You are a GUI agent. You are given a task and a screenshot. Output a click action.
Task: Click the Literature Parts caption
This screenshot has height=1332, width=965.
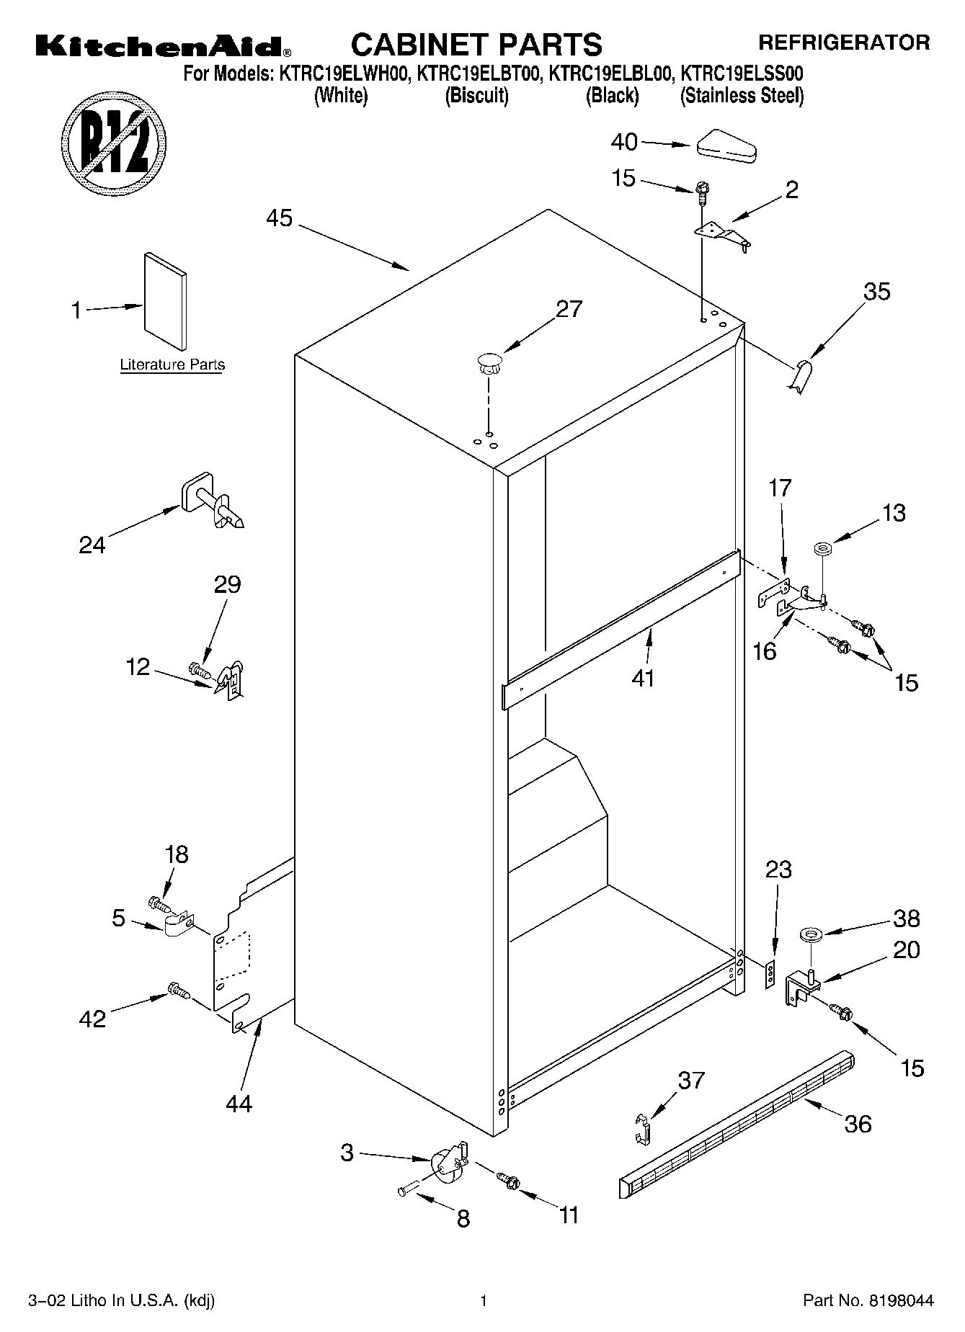click(172, 365)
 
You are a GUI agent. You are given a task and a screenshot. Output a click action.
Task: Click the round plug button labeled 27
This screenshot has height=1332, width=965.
click(489, 362)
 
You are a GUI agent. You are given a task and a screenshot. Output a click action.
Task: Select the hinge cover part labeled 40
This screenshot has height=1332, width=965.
click(726, 145)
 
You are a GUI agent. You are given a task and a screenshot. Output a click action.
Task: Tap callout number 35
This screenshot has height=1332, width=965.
click(877, 292)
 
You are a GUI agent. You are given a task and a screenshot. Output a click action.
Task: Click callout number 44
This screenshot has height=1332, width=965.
click(239, 1103)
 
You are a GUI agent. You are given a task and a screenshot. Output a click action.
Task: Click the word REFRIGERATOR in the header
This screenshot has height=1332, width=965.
click(843, 44)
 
